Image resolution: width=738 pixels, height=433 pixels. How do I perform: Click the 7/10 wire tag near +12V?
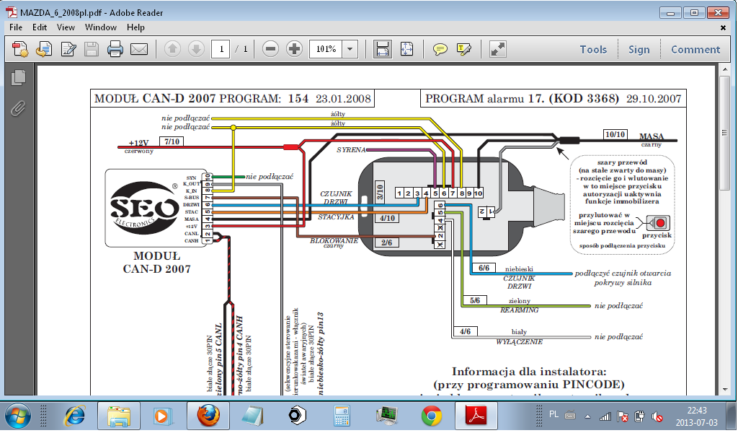[173, 142]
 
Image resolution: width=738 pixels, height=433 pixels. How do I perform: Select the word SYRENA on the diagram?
[352, 149]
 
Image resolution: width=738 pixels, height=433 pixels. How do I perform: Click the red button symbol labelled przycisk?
[658, 222]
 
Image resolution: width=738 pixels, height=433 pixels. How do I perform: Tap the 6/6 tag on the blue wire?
[484, 268]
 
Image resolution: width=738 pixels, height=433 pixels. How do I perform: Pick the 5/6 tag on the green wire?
[475, 300]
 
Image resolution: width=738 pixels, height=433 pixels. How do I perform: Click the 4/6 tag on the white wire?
[465, 331]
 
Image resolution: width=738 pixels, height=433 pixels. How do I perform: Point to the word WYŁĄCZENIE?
[520, 341]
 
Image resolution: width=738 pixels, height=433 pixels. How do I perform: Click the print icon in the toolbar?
[115, 50]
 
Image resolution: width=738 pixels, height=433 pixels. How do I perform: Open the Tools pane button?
[593, 50]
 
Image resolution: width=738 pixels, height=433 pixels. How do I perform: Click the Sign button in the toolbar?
[639, 50]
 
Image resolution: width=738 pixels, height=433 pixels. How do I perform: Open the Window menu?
[101, 27]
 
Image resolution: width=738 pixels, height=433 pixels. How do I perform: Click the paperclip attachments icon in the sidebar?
[17, 108]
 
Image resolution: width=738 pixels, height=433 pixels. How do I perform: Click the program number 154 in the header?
[299, 99]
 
